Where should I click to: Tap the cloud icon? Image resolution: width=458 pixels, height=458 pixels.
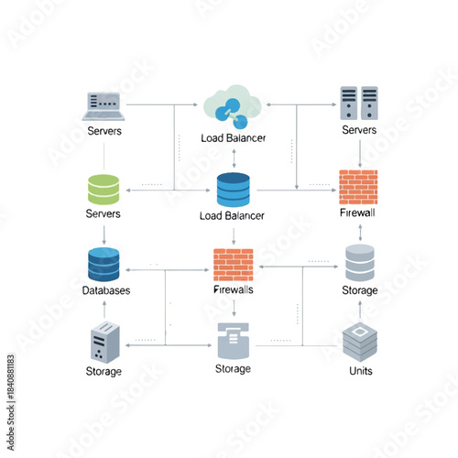click(233, 106)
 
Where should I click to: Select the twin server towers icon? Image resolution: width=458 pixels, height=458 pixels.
click(359, 104)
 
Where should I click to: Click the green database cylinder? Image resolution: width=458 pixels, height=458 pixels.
click(104, 190)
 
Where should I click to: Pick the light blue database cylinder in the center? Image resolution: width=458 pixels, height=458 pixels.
click(233, 190)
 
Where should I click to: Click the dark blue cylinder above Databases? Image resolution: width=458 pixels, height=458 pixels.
click(104, 264)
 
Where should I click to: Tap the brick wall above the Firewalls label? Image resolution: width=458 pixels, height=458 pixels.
click(233, 264)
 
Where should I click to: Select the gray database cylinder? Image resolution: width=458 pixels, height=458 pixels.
click(359, 263)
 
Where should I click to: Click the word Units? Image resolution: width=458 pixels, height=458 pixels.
click(360, 371)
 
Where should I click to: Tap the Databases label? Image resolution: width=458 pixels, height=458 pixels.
click(105, 290)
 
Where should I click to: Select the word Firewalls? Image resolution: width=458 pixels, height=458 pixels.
click(233, 290)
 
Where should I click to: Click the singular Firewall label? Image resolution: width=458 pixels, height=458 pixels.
click(357, 213)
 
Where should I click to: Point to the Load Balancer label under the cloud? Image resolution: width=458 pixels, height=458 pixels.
click(233, 138)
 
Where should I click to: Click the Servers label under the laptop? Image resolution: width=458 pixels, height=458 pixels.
click(104, 131)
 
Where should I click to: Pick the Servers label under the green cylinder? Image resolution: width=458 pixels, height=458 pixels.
click(103, 213)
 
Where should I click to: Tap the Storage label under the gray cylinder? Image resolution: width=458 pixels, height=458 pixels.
click(359, 290)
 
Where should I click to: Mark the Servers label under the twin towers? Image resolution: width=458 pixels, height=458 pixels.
click(359, 131)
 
